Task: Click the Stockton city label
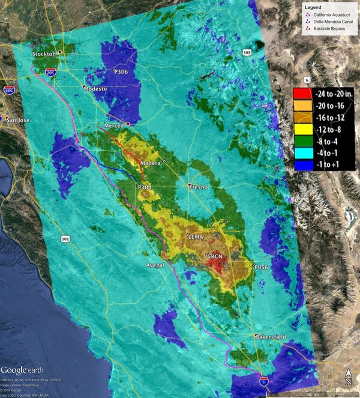point(43,54)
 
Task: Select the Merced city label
point(113,125)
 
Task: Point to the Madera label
point(151,163)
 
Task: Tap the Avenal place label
point(155,265)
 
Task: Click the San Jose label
point(18,120)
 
